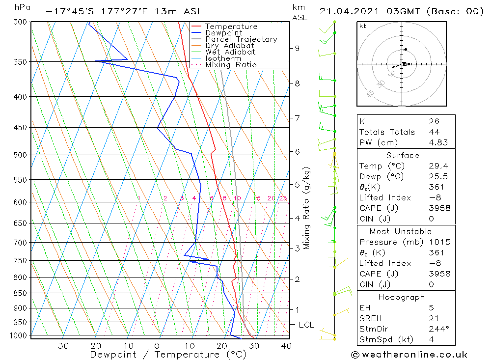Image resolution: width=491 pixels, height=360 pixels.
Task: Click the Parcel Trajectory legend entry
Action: tap(241, 39)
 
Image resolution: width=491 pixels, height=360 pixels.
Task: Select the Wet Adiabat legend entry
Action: tap(230, 52)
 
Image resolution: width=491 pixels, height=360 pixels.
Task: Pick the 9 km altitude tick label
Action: tap(297, 48)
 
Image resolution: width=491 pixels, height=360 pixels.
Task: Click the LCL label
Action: tap(306, 325)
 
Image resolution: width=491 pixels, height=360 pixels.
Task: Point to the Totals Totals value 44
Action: tap(434, 132)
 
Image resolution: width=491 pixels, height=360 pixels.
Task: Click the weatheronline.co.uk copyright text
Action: tap(409, 355)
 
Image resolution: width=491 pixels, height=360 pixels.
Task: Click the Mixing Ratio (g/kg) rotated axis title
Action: tap(306, 208)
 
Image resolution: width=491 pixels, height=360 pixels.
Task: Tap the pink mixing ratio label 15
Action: tap(257, 198)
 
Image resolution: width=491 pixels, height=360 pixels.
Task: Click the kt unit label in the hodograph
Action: tap(362, 26)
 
